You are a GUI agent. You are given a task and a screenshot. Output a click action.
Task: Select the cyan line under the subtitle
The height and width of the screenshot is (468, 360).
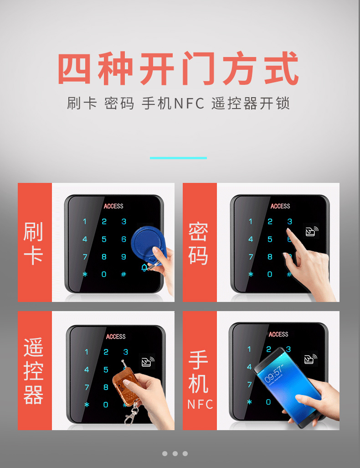point(178,158)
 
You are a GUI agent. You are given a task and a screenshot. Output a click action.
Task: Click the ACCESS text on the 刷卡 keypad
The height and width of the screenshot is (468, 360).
point(113,206)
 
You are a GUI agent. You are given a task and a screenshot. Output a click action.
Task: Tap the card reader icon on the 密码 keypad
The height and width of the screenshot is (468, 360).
point(312,231)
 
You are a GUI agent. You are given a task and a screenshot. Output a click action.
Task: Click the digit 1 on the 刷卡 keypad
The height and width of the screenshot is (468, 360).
point(85,222)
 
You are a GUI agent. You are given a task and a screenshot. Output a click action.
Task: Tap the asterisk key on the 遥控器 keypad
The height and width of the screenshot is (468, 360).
point(87,405)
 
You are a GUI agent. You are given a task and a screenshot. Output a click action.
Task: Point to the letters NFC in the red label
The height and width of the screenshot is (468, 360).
point(200,405)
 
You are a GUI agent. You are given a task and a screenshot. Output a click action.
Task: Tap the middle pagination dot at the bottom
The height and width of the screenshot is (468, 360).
point(175,453)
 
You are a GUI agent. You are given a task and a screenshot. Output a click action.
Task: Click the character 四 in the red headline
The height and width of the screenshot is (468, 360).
point(74,68)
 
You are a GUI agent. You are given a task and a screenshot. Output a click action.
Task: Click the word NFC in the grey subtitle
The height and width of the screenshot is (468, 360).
point(189,104)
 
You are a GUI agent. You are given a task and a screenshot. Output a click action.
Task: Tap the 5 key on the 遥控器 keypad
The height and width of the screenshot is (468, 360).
point(106,369)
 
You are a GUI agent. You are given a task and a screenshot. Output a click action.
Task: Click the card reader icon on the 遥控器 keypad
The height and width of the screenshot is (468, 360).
point(148,361)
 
